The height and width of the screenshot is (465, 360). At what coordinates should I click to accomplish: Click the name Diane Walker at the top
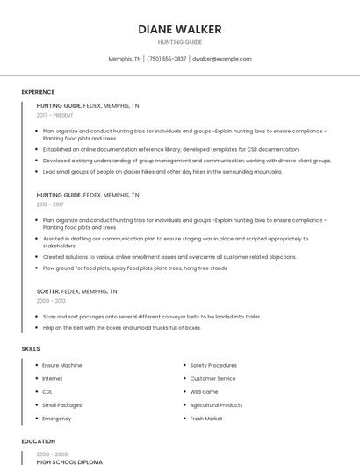coord(180,30)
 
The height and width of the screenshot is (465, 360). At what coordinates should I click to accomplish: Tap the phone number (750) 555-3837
coord(166,59)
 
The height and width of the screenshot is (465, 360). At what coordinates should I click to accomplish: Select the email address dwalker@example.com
coord(222,59)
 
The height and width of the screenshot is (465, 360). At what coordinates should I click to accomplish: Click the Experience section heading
coord(38,92)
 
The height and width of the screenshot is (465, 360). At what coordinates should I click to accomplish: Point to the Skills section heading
coord(31,349)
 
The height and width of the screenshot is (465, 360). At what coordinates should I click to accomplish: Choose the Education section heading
coord(39,441)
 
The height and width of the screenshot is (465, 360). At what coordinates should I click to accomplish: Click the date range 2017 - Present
coord(56,115)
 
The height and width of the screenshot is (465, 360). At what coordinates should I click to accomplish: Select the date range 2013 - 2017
coord(51,204)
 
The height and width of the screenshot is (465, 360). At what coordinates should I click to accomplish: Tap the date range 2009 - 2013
coord(51,300)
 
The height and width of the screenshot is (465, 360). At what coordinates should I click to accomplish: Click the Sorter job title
coord(47,291)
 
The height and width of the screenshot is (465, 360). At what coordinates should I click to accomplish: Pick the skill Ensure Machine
coord(61,365)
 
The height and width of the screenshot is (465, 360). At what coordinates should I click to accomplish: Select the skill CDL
coord(47,391)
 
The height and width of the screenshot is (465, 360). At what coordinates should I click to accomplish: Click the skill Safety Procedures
coord(213,365)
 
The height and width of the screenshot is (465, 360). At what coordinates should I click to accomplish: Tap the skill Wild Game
coord(204,391)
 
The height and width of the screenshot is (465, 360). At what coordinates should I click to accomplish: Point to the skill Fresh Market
coord(206,418)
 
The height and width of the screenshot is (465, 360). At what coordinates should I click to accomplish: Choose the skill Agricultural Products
coord(216,405)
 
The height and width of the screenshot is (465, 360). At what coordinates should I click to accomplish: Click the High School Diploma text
coord(69,461)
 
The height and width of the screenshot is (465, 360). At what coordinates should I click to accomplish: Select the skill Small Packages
coord(61,405)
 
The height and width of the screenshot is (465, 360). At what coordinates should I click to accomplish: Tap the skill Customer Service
coord(212,378)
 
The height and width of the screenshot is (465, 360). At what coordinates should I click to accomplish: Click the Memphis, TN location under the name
coord(125,59)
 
